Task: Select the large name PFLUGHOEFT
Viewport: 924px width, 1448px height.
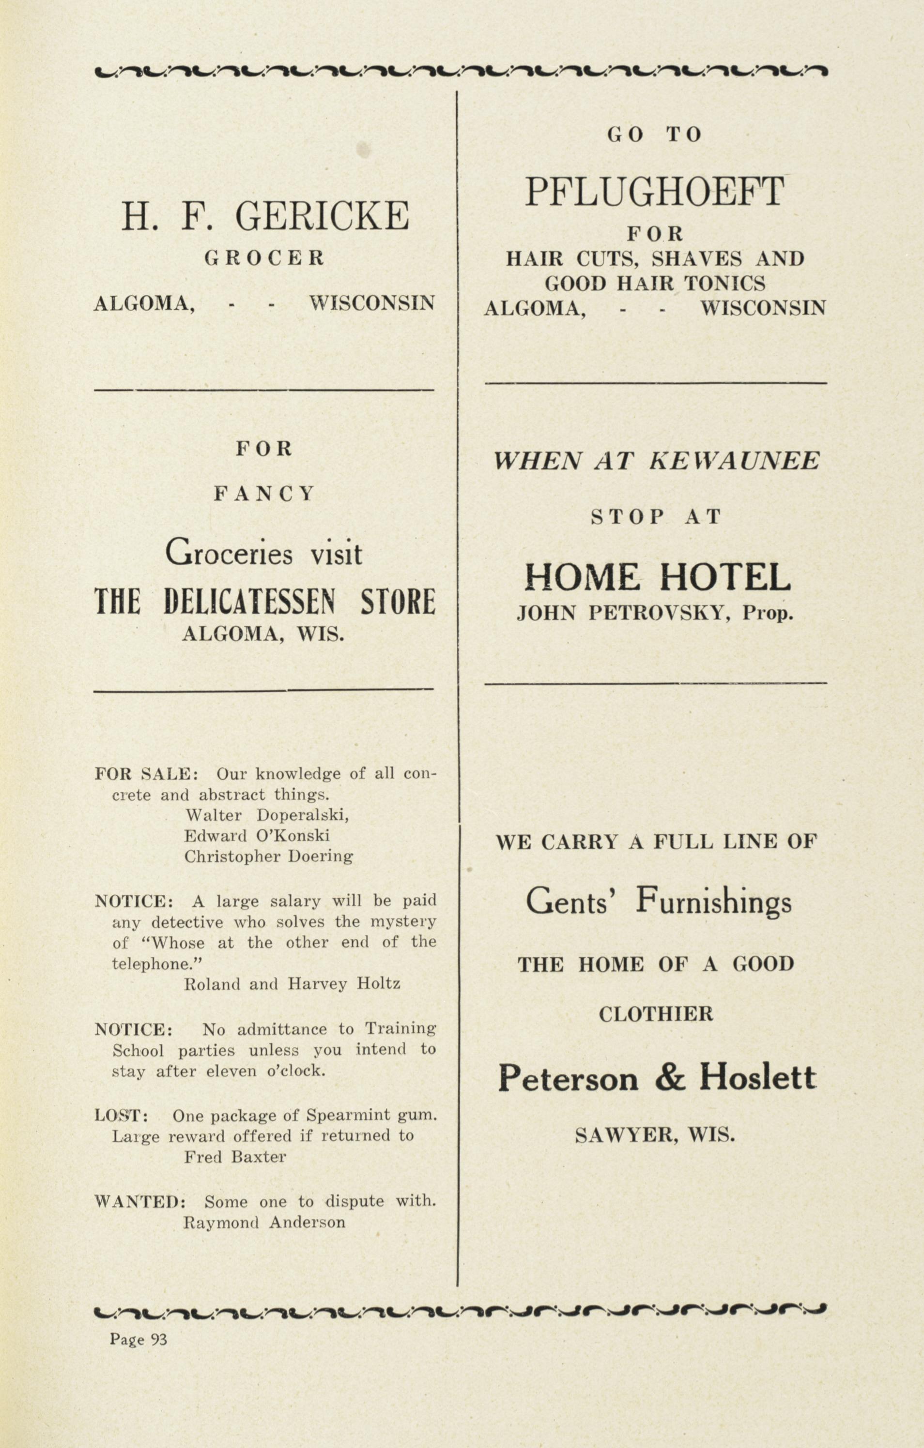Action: [x=655, y=191]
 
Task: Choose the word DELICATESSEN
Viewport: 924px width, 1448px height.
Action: [x=248, y=602]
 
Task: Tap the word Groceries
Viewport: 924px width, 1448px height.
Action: [x=229, y=553]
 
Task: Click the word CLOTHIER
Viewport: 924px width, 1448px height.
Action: [x=656, y=1015]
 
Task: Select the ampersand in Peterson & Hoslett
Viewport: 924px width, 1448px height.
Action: [x=670, y=1078]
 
